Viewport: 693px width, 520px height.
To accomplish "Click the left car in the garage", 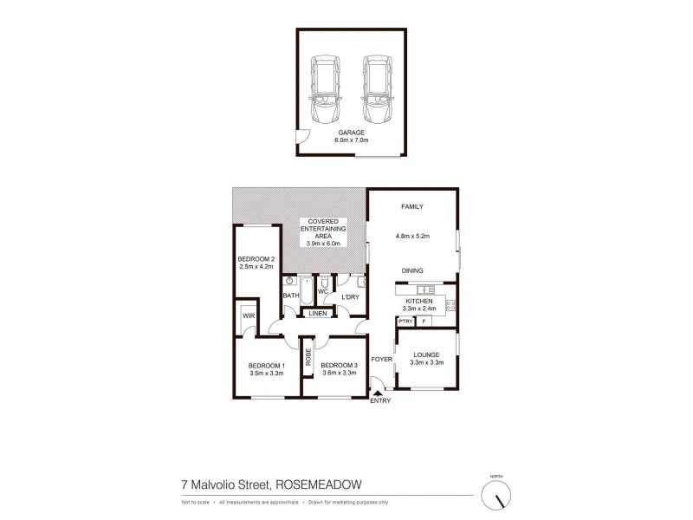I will click(x=327, y=91).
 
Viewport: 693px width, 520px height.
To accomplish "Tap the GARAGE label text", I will click(x=351, y=133).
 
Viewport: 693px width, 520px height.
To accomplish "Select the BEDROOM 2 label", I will click(x=256, y=259).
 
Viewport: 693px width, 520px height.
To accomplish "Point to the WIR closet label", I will click(x=248, y=315).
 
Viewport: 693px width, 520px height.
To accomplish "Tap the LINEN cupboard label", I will click(x=317, y=313).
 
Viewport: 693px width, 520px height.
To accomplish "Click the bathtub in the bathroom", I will click(x=306, y=290).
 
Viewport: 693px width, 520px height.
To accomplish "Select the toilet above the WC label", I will click(x=323, y=283).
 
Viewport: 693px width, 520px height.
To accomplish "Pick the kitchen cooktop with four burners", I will click(x=449, y=304).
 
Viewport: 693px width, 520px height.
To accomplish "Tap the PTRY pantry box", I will click(x=405, y=322).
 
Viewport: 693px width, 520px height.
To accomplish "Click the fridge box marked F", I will click(x=424, y=322).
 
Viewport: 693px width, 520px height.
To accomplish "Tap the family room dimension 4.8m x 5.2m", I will click(x=413, y=235).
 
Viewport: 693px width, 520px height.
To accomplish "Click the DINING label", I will click(x=412, y=270).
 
